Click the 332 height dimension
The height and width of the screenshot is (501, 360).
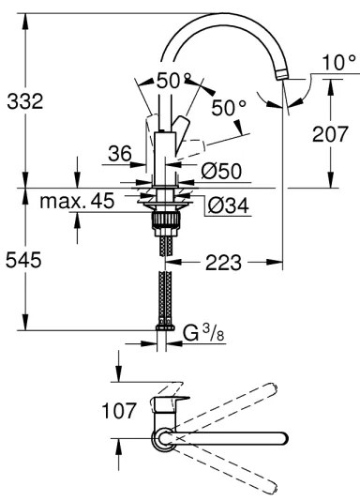coord(25,101)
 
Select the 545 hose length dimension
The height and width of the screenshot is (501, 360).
coord(23,260)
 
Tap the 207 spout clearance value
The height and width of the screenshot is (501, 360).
coord(330,134)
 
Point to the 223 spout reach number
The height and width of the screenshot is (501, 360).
coord(223,263)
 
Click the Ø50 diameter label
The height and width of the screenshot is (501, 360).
coord(221,172)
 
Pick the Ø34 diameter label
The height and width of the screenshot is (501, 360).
coord(228,205)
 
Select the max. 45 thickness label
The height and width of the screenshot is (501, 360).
coord(77,202)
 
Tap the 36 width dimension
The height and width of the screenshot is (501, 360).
coord(120,153)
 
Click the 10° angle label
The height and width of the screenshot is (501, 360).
coord(338,62)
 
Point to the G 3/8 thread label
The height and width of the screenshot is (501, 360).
coord(203,334)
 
